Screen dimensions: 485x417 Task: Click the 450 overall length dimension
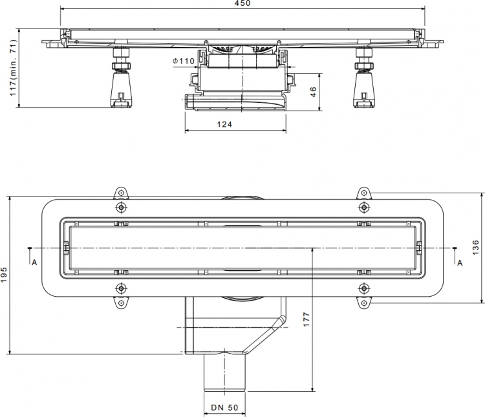point(242,3)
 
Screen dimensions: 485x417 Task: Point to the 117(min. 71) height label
point(13,67)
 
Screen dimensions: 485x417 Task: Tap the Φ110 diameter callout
point(184,61)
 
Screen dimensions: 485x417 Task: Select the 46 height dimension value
point(314,92)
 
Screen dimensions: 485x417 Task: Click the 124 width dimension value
point(224,124)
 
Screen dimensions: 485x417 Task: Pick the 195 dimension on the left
point(4,275)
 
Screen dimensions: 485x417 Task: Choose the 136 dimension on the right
point(476,248)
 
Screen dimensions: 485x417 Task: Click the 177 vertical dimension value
point(307,319)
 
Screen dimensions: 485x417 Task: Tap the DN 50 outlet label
point(224,408)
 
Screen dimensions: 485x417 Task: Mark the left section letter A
point(34,262)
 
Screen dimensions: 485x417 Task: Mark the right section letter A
point(460,263)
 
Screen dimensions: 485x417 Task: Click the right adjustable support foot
point(363,78)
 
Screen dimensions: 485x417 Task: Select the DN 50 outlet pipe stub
point(225,373)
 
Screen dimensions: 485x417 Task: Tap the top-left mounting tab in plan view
point(121,193)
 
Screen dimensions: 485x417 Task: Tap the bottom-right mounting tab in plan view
point(363,302)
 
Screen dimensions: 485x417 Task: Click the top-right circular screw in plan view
point(363,207)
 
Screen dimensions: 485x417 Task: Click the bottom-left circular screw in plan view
point(121,288)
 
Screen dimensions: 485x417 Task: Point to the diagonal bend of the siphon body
point(264,335)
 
